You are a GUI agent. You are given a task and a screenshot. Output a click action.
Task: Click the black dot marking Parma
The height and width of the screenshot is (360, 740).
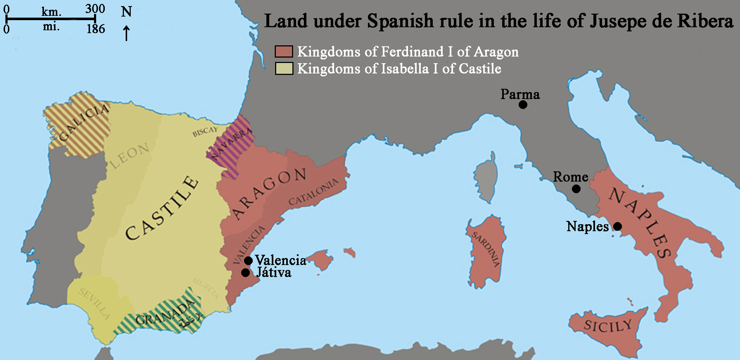coord(523,105)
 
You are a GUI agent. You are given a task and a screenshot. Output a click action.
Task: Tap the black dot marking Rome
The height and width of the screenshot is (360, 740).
coord(576,189)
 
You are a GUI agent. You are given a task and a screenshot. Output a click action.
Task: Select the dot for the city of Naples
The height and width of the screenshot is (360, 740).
coord(618,226)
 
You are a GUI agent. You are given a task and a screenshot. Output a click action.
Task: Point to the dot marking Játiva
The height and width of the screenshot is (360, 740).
coord(246,273)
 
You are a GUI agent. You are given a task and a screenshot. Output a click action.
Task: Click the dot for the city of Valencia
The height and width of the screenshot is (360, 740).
coord(248,261)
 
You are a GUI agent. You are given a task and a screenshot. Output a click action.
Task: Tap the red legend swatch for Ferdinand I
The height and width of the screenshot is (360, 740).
coord(284,51)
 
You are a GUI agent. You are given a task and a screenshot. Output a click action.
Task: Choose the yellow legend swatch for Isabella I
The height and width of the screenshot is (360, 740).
coord(284,68)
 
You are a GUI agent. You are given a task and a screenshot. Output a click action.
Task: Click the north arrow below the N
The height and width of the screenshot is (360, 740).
coord(126,33)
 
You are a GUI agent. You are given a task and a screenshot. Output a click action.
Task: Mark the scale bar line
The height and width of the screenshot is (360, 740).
coord(50,19)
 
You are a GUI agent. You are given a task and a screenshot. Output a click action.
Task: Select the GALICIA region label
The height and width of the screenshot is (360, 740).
coord(84,122)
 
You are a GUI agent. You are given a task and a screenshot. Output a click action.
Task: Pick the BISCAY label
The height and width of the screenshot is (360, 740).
coord(205,132)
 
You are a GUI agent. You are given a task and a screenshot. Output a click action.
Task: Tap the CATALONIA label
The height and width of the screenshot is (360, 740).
coord(313,192)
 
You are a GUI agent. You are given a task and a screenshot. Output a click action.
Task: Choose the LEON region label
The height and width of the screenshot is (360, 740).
coord(130,156)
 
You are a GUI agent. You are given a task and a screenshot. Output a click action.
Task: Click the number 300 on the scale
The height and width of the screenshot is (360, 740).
coord(95,9)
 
